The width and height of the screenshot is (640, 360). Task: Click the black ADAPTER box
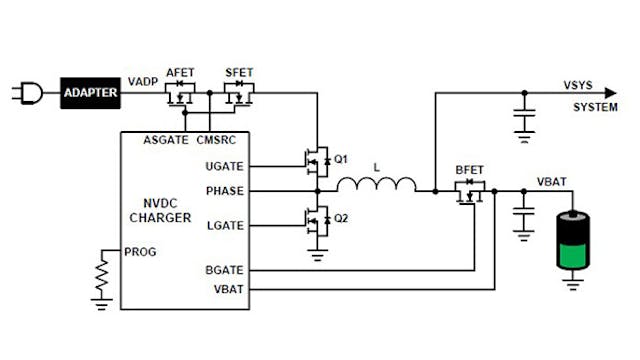point(90,94)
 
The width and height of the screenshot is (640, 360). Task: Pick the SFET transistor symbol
point(239,96)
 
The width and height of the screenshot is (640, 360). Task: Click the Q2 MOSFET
point(315,219)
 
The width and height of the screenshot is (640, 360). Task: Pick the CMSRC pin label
point(218,139)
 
